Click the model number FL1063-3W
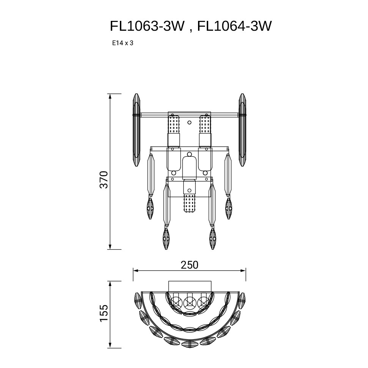click(147, 26)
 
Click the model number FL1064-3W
click(234, 26)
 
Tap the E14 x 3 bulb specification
click(123, 43)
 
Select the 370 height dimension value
click(104, 179)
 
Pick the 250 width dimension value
click(189, 265)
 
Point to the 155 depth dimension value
click(104, 313)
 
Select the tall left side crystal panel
click(136, 130)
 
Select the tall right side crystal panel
click(242, 130)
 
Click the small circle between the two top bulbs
click(189, 123)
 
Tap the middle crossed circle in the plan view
click(189, 303)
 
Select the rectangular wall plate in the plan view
click(190, 286)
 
